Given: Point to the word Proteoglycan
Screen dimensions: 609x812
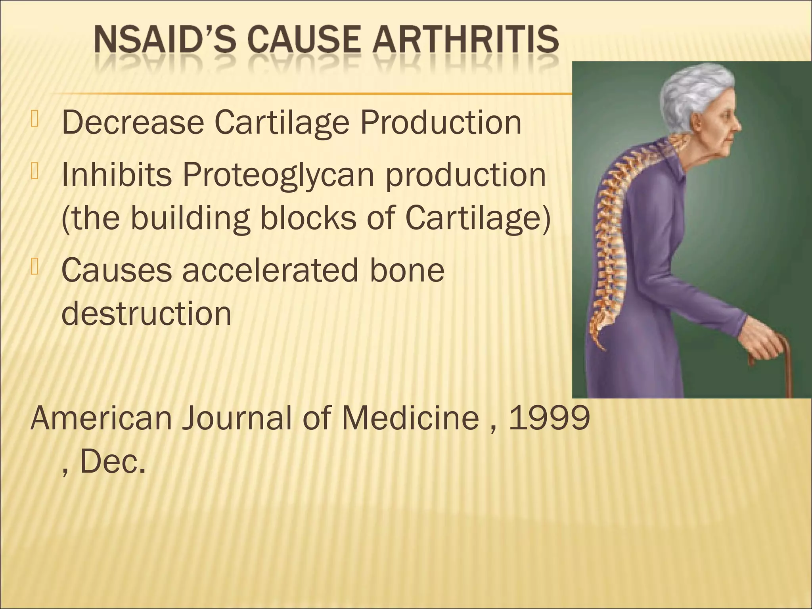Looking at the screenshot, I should click(x=278, y=175).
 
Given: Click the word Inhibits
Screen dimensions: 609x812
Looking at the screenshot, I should click(x=117, y=175).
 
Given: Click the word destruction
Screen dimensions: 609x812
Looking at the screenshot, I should click(x=146, y=313).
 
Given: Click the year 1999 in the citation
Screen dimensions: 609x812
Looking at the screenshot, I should click(x=550, y=418).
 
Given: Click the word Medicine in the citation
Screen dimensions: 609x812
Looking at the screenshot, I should click(x=410, y=418).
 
